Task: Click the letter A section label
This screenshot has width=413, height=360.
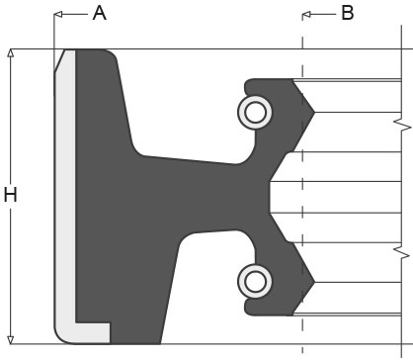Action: [100, 14]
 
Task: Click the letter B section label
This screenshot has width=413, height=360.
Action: [348, 13]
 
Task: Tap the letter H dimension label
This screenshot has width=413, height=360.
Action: [10, 195]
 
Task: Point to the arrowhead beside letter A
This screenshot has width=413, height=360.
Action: [58, 14]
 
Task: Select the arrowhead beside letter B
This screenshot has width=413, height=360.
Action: [306, 14]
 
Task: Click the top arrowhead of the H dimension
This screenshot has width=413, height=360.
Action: [11, 53]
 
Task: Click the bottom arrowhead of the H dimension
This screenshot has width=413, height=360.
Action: [11, 340]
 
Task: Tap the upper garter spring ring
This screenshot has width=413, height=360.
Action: [255, 112]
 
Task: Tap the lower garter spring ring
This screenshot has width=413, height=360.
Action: [255, 281]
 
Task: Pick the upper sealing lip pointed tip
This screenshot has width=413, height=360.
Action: [314, 113]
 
